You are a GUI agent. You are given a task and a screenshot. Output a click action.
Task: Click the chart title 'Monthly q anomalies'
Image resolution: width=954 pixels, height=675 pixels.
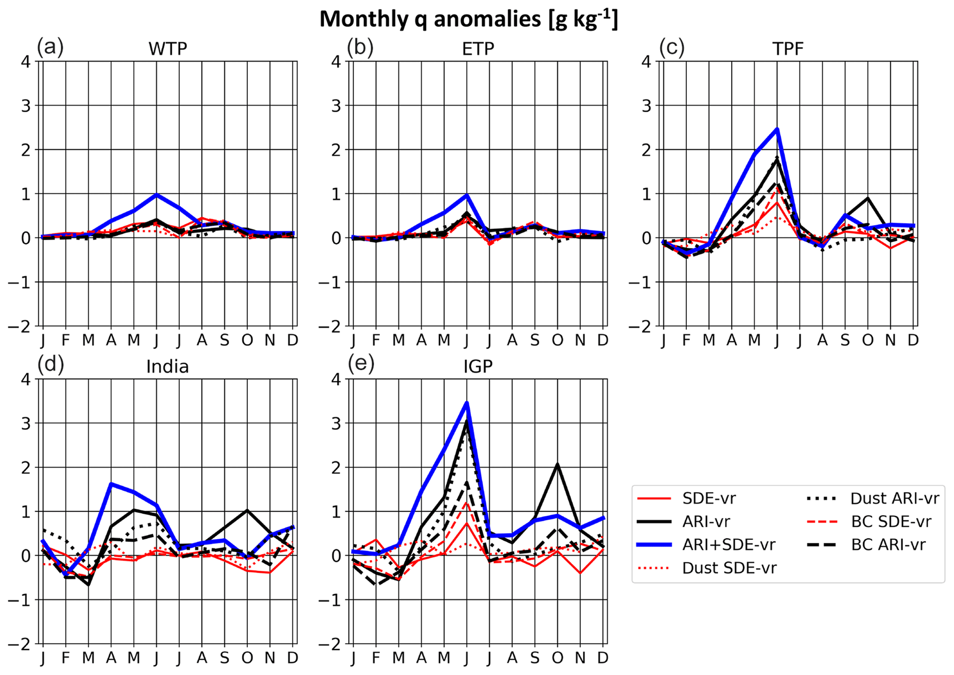point(468,19)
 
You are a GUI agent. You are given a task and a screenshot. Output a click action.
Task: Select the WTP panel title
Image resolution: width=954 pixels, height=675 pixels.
point(168,49)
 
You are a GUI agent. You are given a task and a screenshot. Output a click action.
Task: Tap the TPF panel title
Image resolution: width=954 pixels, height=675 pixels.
point(788,49)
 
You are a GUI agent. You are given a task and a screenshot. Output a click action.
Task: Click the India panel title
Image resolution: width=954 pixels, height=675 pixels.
point(168,367)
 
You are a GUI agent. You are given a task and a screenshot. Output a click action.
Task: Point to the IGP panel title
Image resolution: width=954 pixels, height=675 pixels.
point(478,367)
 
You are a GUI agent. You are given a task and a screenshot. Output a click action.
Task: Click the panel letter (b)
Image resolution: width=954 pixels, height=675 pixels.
point(360,48)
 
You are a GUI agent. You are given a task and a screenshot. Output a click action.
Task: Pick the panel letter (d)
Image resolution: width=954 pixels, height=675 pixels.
point(50,364)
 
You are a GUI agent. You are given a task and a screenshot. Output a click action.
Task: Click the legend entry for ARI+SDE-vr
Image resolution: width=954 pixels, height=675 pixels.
point(729,544)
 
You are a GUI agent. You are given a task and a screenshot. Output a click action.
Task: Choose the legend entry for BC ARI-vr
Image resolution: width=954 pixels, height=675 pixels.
point(888,544)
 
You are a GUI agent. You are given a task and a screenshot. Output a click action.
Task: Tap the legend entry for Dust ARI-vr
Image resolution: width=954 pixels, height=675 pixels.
point(894,498)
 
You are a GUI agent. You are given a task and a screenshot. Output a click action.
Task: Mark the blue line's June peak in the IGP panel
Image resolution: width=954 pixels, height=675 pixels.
point(467,403)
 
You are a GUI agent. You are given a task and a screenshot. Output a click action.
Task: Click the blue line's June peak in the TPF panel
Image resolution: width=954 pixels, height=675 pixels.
point(777,129)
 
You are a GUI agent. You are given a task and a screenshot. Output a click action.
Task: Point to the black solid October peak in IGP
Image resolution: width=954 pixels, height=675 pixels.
point(558,464)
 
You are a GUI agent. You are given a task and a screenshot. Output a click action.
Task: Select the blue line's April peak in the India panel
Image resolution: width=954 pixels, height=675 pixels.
point(111,484)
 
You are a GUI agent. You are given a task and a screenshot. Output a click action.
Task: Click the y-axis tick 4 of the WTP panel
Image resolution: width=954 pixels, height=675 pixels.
point(26,61)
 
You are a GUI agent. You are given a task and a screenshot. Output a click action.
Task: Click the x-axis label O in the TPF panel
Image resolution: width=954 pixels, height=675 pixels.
point(868,340)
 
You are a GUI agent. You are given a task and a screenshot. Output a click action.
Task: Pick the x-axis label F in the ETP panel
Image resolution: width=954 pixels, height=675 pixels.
point(376,340)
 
